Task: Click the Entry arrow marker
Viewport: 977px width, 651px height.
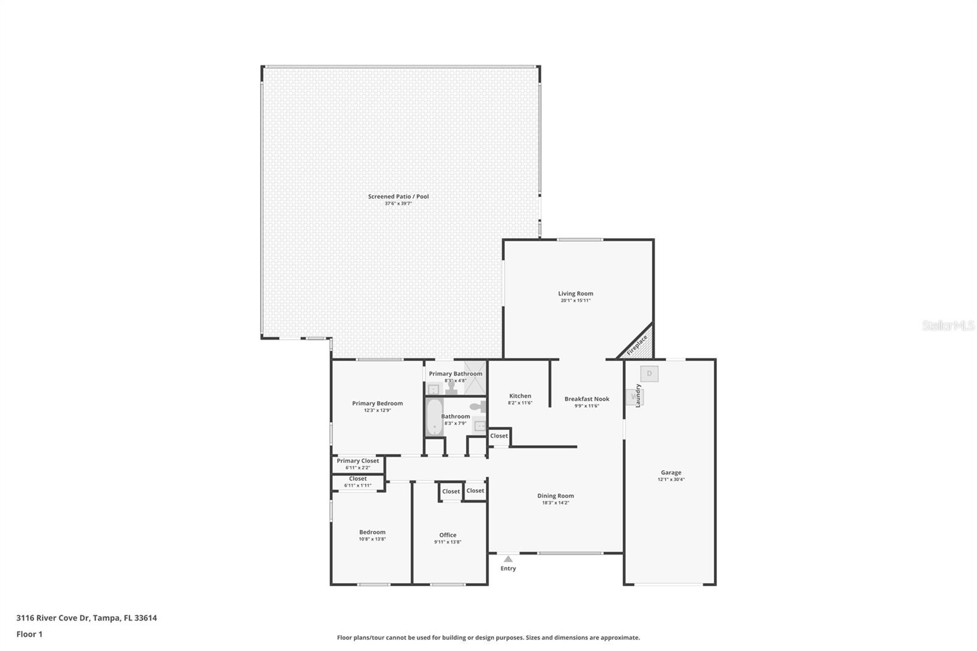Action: pyautogui.click(x=508, y=558)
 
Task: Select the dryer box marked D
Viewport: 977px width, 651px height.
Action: pyautogui.click(x=649, y=373)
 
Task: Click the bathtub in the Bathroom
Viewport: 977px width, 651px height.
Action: pyautogui.click(x=434, y=416)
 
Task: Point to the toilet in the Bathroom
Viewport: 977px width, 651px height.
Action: pyautogui.click(x=478, y=407)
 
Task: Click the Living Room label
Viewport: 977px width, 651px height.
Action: pyautogui.click(x=575, y=294)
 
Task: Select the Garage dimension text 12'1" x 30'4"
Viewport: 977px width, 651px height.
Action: pyautogui.click(x=670, y=479)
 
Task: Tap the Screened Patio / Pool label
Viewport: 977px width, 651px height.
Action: pyautogui.click(x=398, y=197)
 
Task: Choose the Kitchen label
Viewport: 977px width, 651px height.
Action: pyautogui.click(x=520, y=396)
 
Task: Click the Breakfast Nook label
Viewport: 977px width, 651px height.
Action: pyautogui.click(x=586, y=399)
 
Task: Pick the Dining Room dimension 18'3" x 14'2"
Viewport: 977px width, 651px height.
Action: pyautogui.click(x=555, y=503)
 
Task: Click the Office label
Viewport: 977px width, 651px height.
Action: pyautogui.click(x=448, y=535)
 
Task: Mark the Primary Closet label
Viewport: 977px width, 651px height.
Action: pyautogui.click(x=358, y=461)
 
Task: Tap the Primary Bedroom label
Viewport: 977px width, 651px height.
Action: pyautogui.click(x=377, y=403)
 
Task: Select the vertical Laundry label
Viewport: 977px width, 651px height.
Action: pyautogui.click(x=638, y=395)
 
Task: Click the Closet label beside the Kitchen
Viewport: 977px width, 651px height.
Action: pyautogui.click(x=499, y=436)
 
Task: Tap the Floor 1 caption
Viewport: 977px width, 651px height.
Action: pyautogui.click(x=29, y=635)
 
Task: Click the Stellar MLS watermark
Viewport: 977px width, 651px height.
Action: pyautogui.click(x=948, y=325)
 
